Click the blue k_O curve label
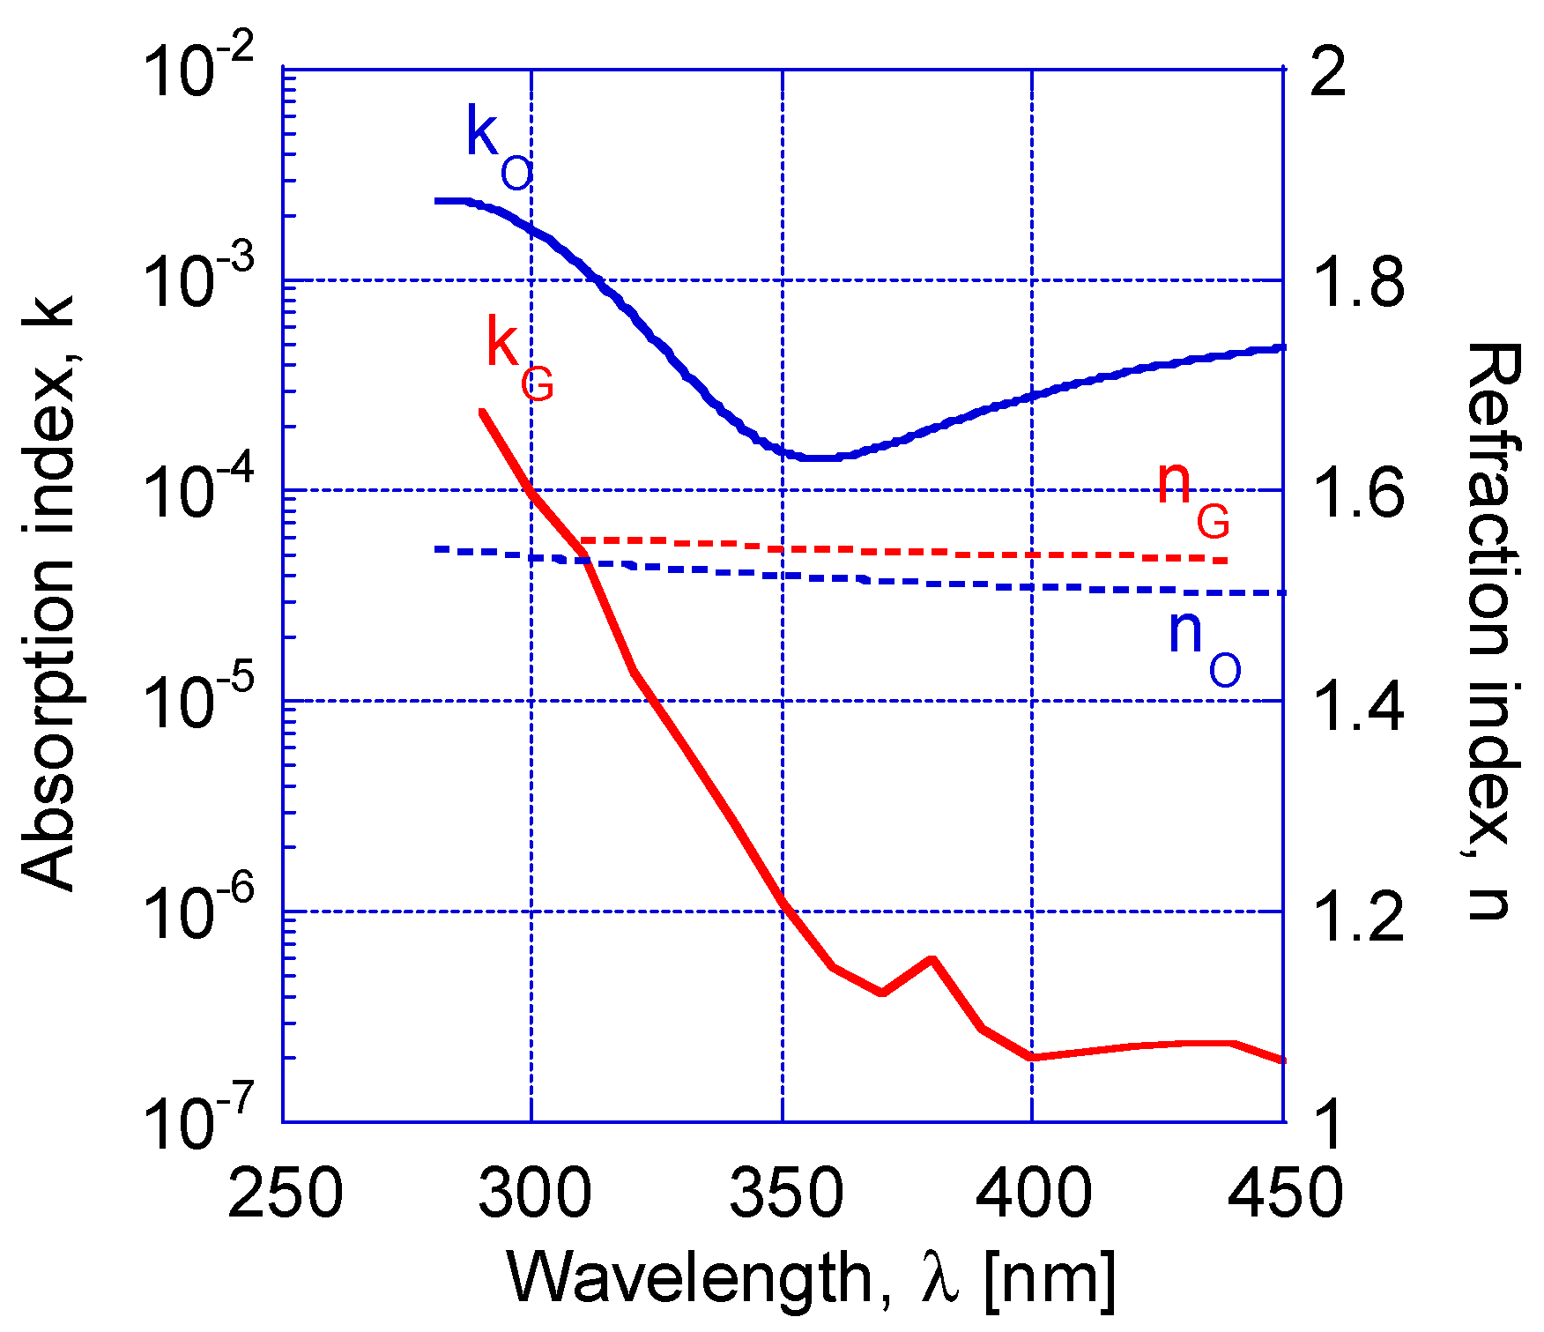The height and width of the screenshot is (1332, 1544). [498, 145]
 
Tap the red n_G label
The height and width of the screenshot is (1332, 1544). [1191, 498]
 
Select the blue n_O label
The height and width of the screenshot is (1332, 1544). [1203, 648]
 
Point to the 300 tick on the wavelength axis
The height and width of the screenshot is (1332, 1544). [531, 1193]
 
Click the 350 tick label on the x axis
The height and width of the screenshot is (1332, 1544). [783, 1193]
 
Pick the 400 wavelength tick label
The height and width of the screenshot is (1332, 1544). [1033, 1193]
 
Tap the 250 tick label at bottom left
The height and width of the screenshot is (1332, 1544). [284, 1193]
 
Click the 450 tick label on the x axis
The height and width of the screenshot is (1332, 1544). [1283, 1193]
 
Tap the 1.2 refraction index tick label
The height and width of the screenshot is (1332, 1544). [1357, 913]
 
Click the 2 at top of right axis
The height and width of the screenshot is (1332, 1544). [1329, 71]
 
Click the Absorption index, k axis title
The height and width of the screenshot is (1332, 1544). [48, 592]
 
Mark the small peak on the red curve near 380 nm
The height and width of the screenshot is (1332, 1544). [932, 959]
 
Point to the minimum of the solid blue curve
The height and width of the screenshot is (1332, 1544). [820, 458]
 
